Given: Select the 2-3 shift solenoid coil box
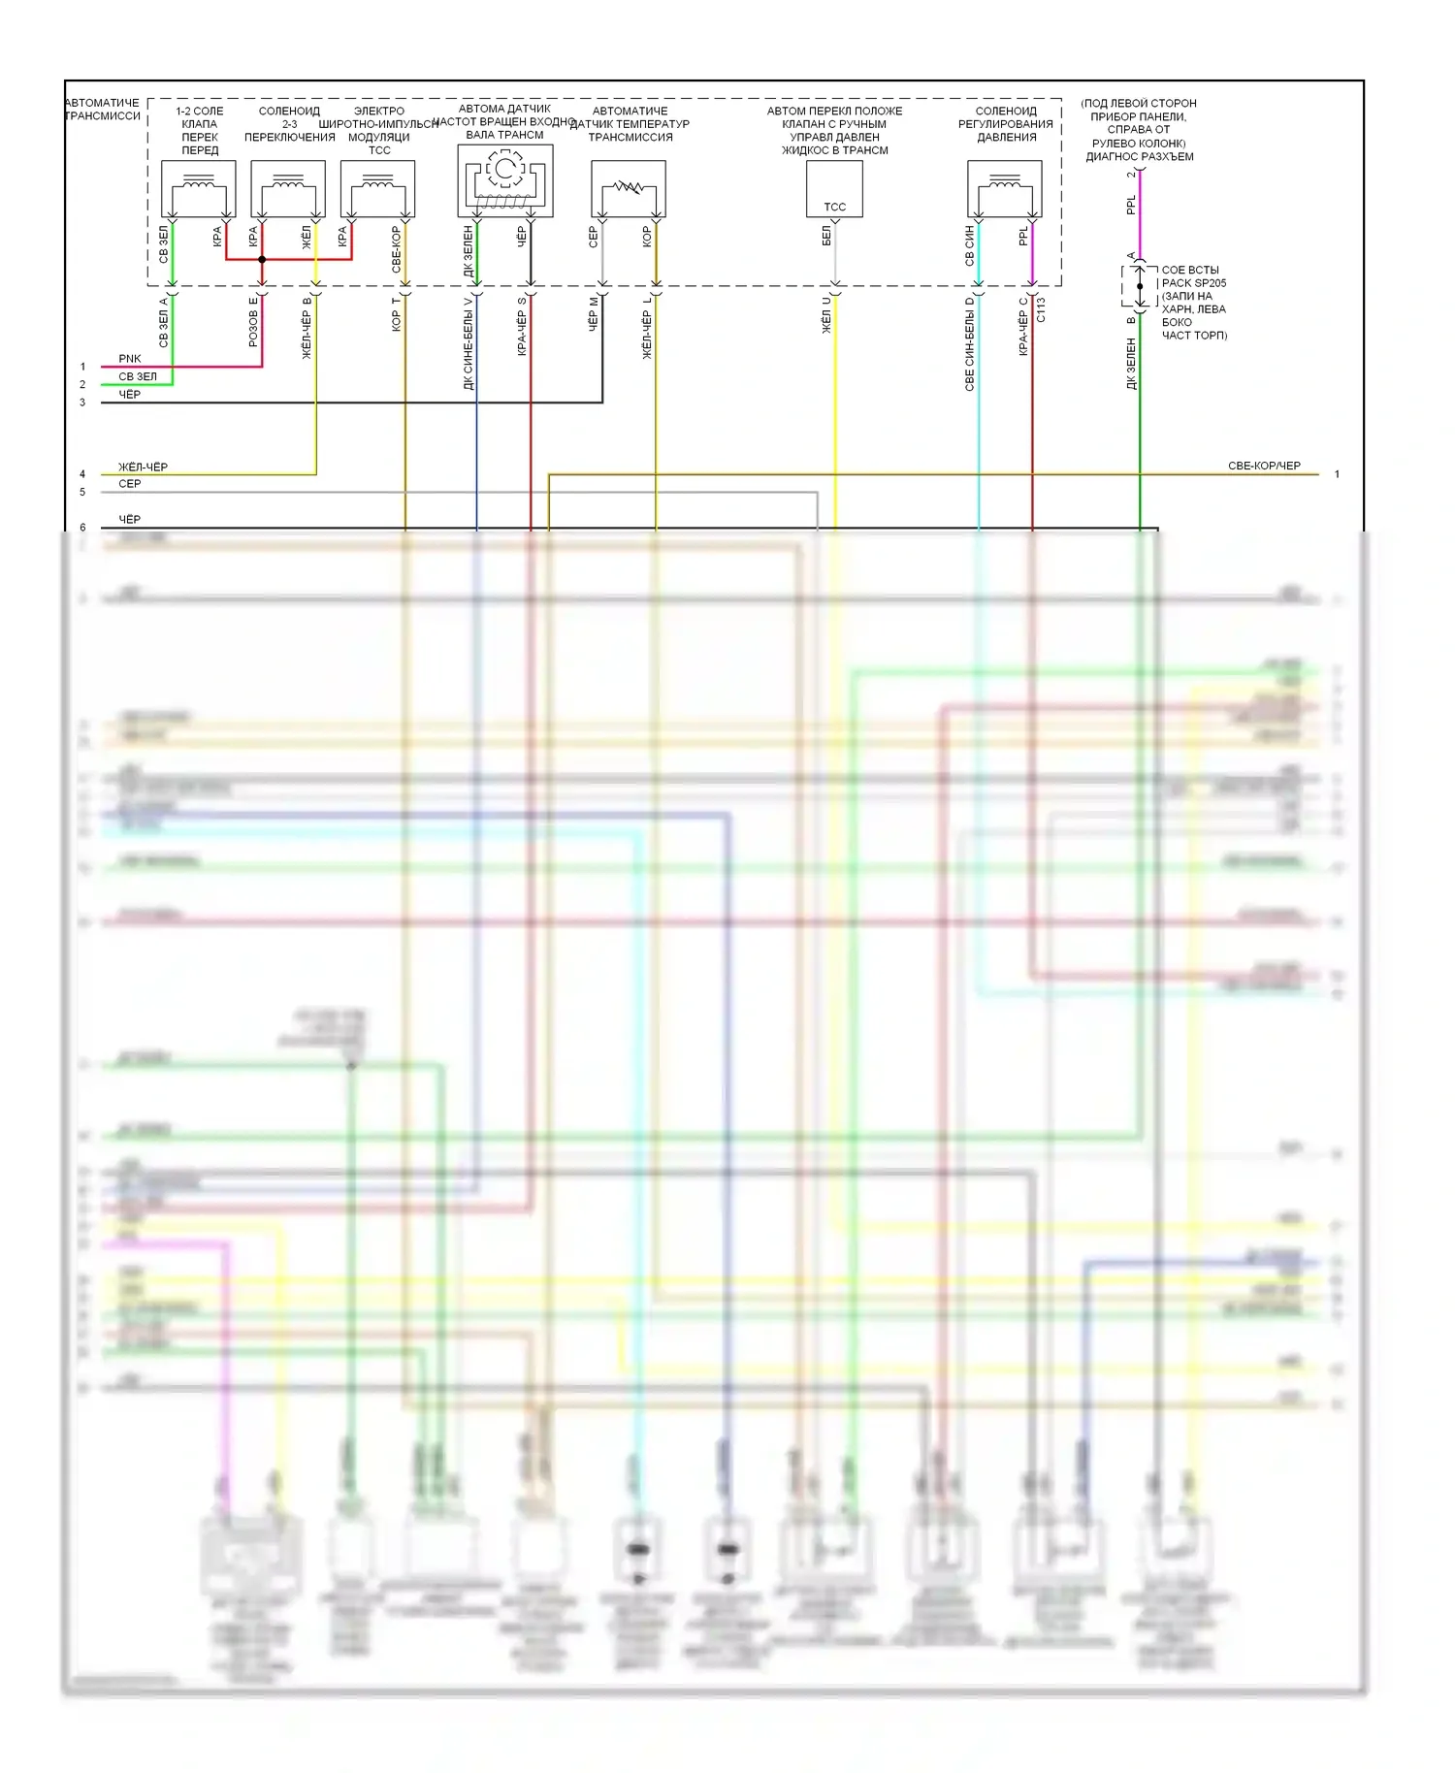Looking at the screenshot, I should click(x=288, y=188).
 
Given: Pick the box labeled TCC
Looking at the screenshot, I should click(x=834, y=188).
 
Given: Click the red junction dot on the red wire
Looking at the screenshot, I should click(x=262, y=259).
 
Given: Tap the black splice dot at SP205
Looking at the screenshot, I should click(x=1140, y=286).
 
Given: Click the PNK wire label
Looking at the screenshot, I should click(x=130, y=359).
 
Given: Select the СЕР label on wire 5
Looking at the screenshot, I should click(x=130, y=483).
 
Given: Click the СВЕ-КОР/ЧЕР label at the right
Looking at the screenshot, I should click(x=1264, y=466).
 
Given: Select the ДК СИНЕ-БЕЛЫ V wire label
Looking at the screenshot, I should click(x=469, y=342).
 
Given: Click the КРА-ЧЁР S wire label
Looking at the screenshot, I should click(x=522, y=327).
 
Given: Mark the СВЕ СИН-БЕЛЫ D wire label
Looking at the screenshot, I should click(x=969, y=343).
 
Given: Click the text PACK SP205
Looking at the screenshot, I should click(x=1194, y=283).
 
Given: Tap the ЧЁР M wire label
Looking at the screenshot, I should click(x=594, y=315).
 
